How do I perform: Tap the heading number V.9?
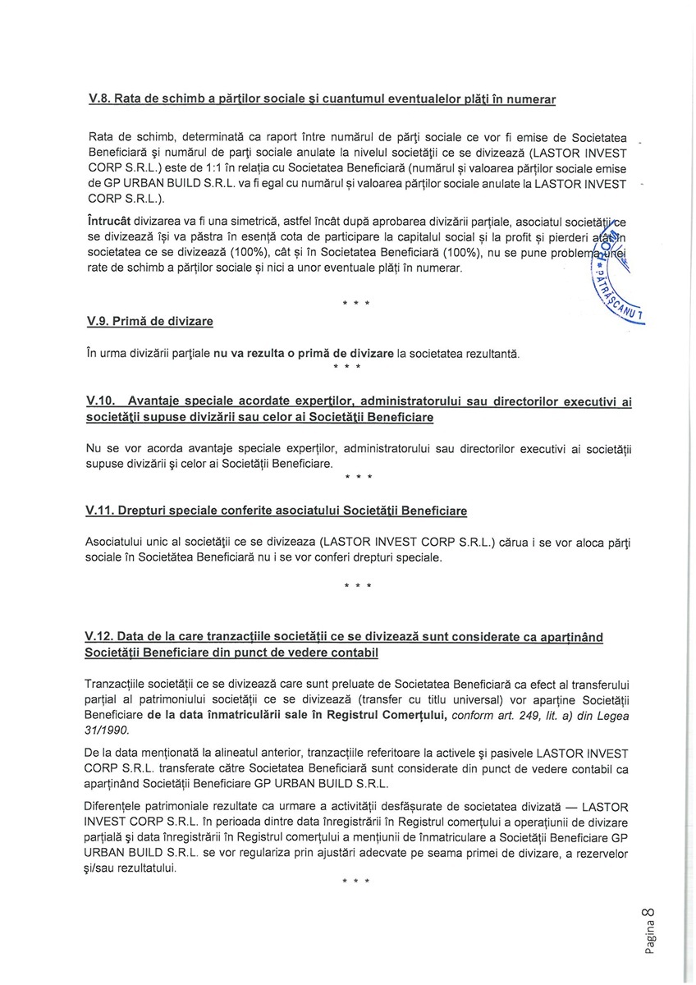99,322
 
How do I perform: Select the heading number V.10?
102,401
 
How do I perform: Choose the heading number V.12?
102,637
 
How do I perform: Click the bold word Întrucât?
108,222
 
